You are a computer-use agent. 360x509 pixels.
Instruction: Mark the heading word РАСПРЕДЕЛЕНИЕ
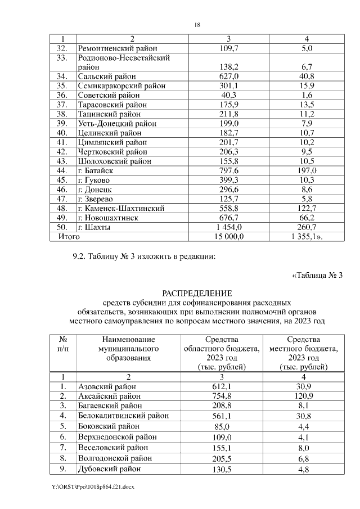(x=197, y=293)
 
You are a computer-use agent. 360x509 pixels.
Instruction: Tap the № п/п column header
(x=64, y=344)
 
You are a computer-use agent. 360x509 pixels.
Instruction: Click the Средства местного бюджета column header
(x=304, y=353)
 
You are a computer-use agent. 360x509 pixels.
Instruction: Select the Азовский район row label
(x=106, y=386)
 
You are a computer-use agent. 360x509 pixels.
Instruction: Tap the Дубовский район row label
(x=109, y=469)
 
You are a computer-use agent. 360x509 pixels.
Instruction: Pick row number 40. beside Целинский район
(x=62, y=133)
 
